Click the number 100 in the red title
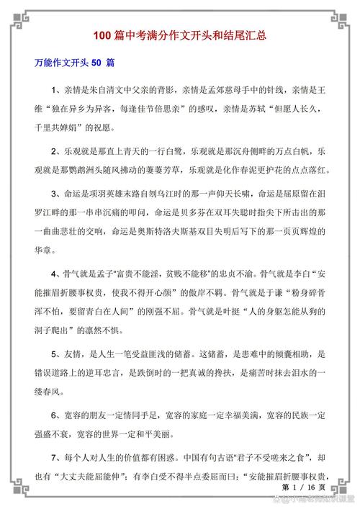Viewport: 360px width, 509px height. pyautogui.click(x=102, y=35)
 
